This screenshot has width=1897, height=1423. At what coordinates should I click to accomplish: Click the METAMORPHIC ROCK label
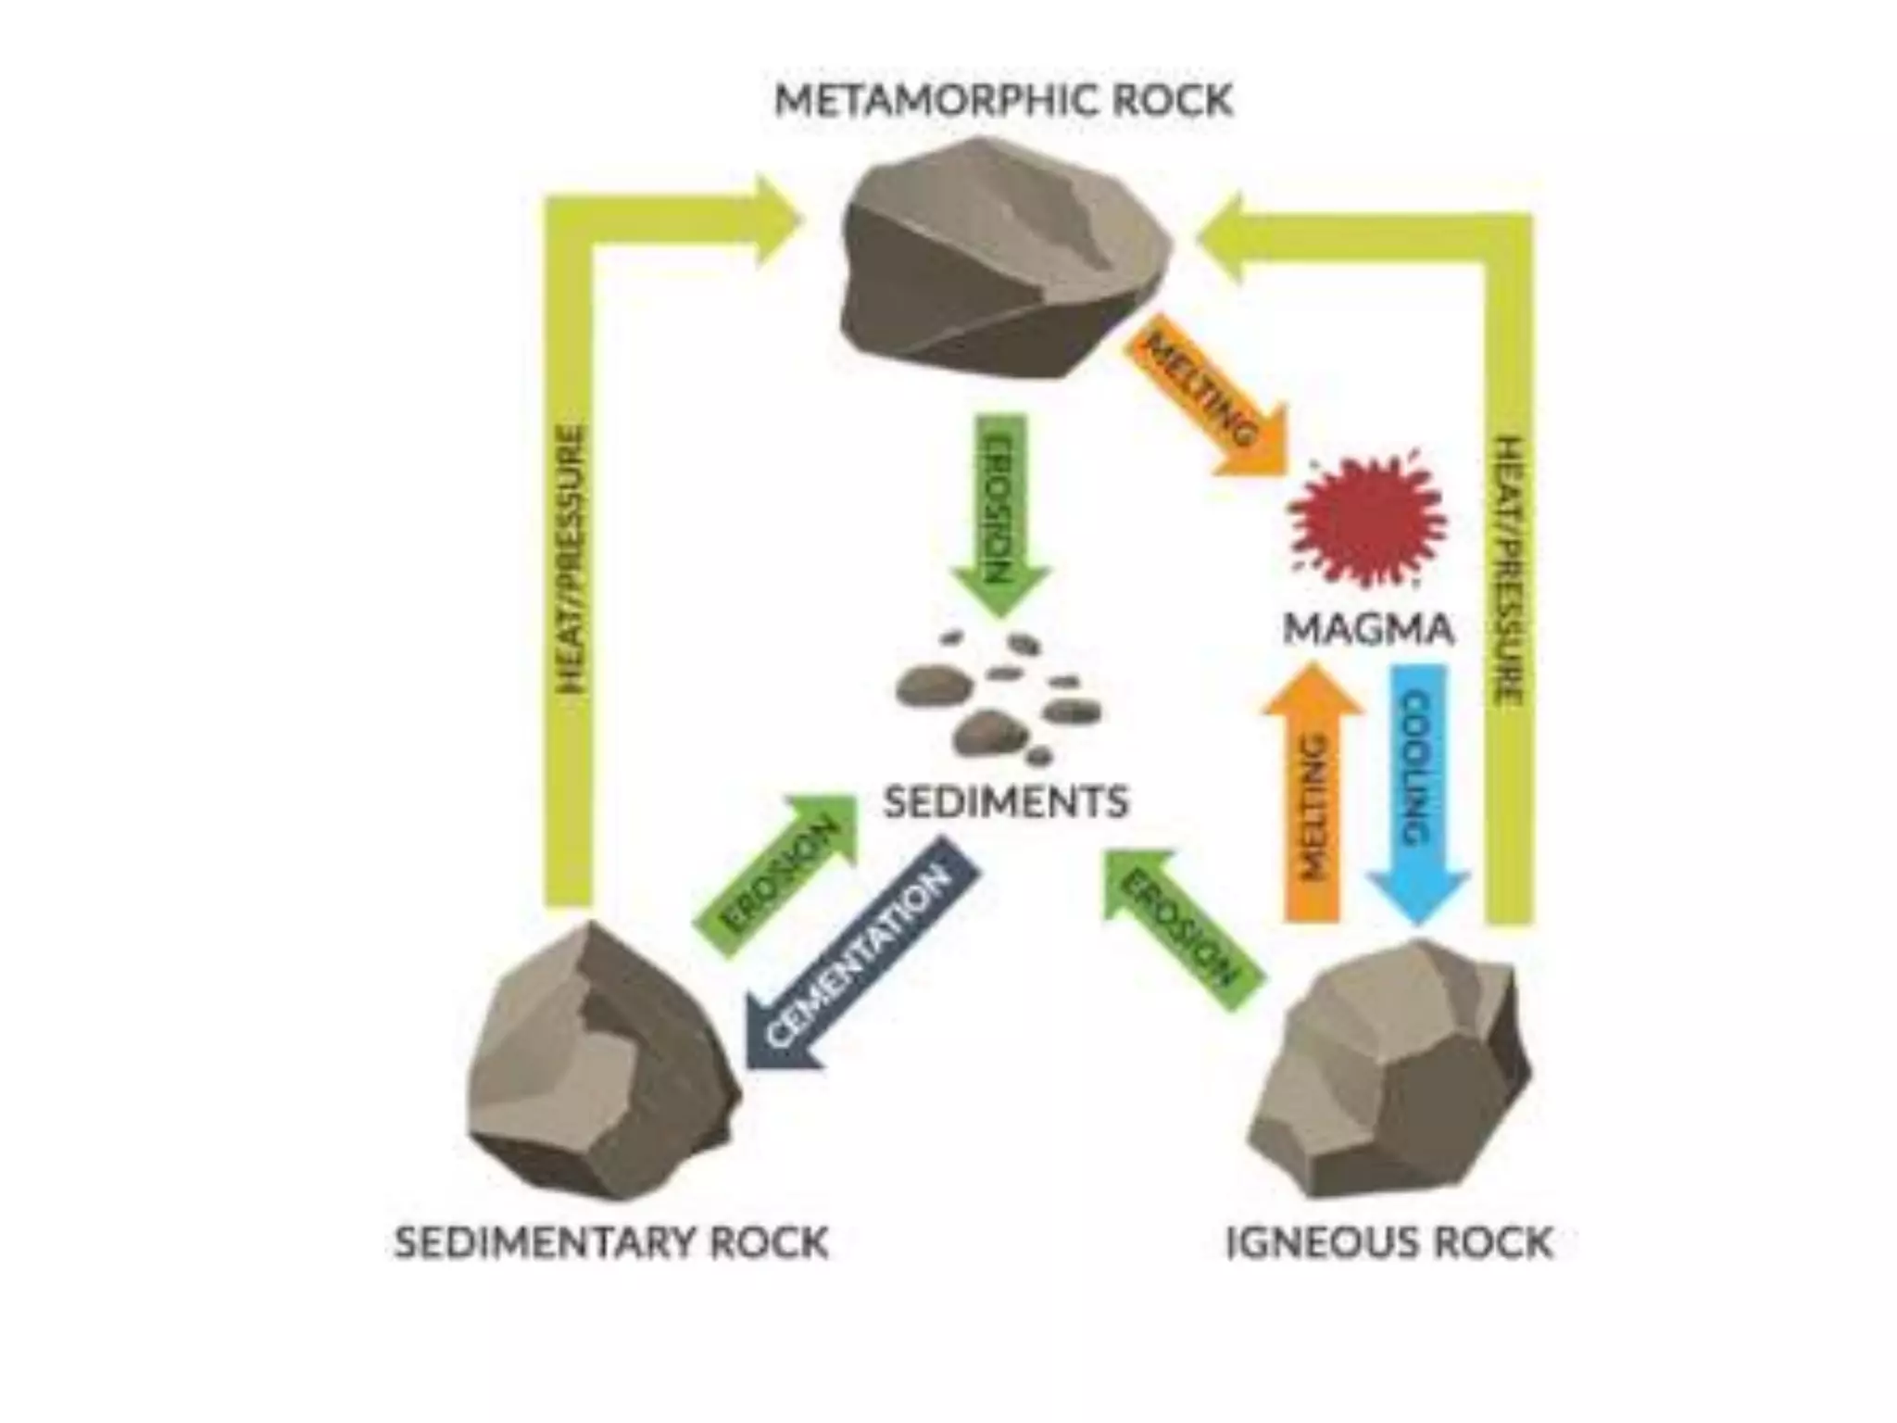pyautogui.click(x=1003, y=100)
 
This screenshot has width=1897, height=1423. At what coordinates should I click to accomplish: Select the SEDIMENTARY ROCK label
pyautogui.click(x=611, y=1242)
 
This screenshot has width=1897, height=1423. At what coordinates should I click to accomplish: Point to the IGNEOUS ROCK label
pyautogui.click(x=1388, y=1242)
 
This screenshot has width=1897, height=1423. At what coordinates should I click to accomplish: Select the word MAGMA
pyautogui.click(x=1368, y=631)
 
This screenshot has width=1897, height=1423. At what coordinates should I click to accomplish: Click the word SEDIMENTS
pyautogui.click(x=1006, y=802)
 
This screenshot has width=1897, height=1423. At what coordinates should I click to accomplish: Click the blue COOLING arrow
pyautogui.click(x=1418, y=787)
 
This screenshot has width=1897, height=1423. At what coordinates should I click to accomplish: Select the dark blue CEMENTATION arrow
pyautogui.click(x=861, y=954)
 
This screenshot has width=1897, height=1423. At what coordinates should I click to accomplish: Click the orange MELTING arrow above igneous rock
pyautogui.click(x=1312, y=797)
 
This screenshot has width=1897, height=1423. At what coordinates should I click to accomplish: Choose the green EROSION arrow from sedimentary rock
pyautogui.click(x=778, y=875)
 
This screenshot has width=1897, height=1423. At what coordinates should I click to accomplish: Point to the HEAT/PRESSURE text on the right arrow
pyautogui.click(x=1508, y=570)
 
